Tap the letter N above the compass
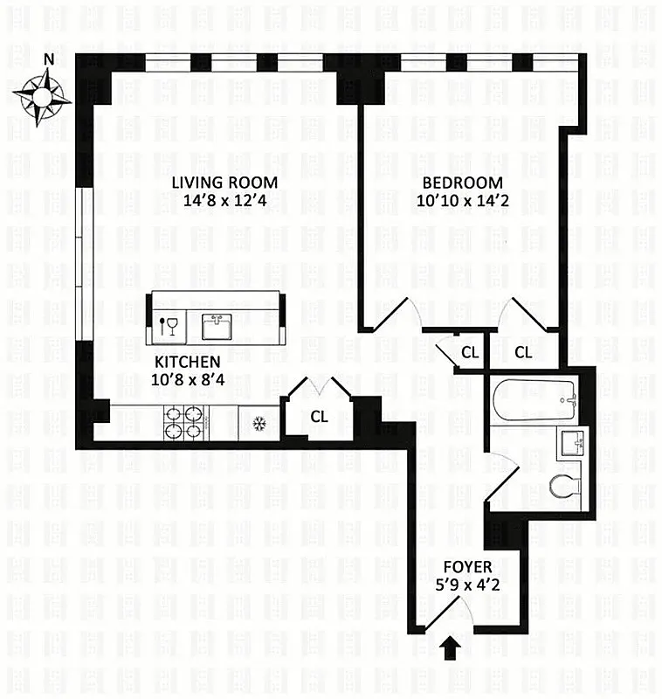[50, 59]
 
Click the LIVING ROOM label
[224, 183]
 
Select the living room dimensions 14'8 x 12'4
[224, 200]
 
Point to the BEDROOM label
[462, 183]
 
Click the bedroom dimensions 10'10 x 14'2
[462, 200]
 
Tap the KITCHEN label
[187, 362]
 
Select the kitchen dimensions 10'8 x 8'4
[187, 379]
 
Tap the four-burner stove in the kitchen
[184, 423]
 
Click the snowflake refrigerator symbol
[258, 424]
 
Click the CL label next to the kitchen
[319, 417]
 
